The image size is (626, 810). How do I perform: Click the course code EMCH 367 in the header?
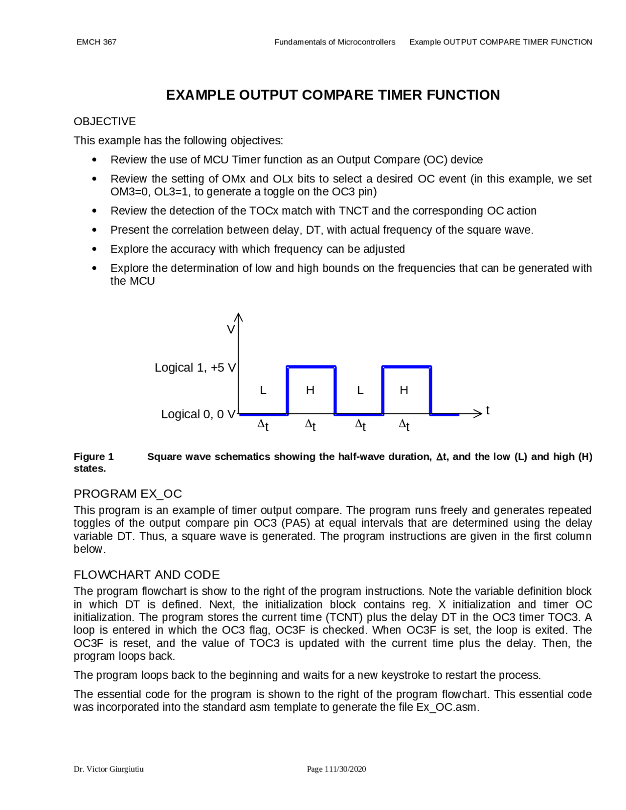(x=96, y=42)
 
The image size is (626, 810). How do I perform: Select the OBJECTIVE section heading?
(x=105, y=121)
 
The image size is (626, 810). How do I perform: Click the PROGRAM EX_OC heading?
(x=128, y=494)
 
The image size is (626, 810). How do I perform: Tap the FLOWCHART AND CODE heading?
(x=146, y=574)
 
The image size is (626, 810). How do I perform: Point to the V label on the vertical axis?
(x=230, y=330)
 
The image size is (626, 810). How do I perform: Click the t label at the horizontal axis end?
(x=488, y=410)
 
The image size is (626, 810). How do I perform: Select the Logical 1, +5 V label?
(x=195, y=367)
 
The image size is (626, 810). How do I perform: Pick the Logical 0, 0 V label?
(x=198, y=414)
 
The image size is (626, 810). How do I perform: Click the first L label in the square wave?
(x=263, y=390)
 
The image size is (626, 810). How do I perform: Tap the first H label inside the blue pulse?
(x=310, y=390)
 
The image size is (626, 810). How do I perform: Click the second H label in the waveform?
(x=404, y=390)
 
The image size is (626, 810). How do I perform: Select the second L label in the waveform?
(x=360, y=390)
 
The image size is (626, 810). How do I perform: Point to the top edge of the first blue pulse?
(x=311, y=366)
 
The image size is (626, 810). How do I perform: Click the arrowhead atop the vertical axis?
(x=239, y=316)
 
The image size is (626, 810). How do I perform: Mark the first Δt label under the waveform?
(x=263, y=425)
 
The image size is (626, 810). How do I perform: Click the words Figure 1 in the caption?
(x=93, y=456)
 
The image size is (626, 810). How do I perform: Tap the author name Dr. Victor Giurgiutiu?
(x=109, y=769)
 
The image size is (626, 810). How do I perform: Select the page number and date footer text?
(x=336, y=769)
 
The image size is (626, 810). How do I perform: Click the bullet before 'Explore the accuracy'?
(x=94, y=249)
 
